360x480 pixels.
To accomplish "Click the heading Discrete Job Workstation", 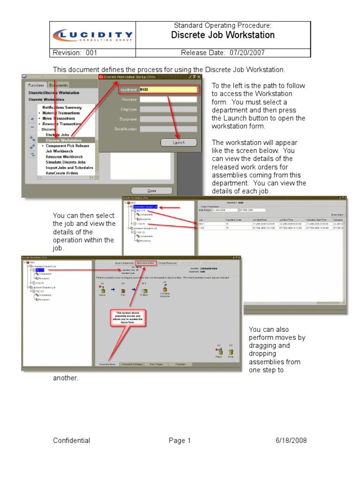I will (223, 35).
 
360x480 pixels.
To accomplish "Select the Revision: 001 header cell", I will (75, 53).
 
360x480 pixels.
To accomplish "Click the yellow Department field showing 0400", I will (168, 89).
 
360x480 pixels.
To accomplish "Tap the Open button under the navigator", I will (151, 191).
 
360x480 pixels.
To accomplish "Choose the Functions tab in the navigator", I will (36, 85).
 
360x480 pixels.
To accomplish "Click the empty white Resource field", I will (168, 99).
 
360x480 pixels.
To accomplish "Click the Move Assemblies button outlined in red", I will (145, 263).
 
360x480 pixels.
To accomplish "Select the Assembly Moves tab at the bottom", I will (106, 364).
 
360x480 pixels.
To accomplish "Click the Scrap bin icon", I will (231, 352).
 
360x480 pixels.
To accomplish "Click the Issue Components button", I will (124, 263).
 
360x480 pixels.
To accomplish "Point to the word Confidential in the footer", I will (71, 441).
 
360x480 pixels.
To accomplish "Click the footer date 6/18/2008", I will (292, 441).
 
